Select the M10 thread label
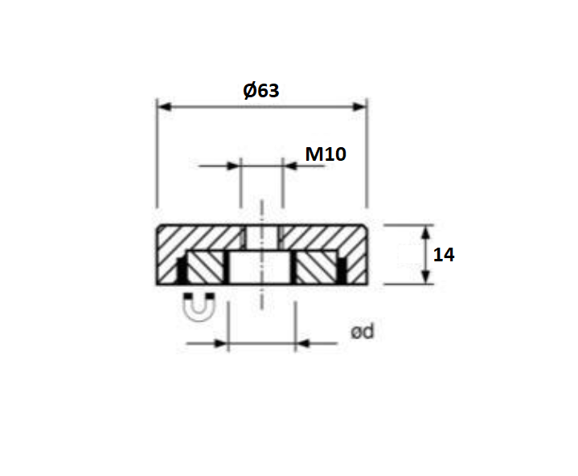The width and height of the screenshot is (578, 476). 326,154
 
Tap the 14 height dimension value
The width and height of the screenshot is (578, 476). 444,255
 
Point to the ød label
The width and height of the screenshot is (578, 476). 363,331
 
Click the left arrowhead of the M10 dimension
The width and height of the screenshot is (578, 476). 234,166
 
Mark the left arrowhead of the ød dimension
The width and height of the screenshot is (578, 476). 223,344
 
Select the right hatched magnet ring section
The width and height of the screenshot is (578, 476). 317,267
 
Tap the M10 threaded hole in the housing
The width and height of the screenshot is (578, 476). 262,237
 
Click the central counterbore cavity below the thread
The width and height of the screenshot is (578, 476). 262,267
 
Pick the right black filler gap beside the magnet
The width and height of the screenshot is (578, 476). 342,272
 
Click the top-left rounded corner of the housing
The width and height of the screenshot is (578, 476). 160,229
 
